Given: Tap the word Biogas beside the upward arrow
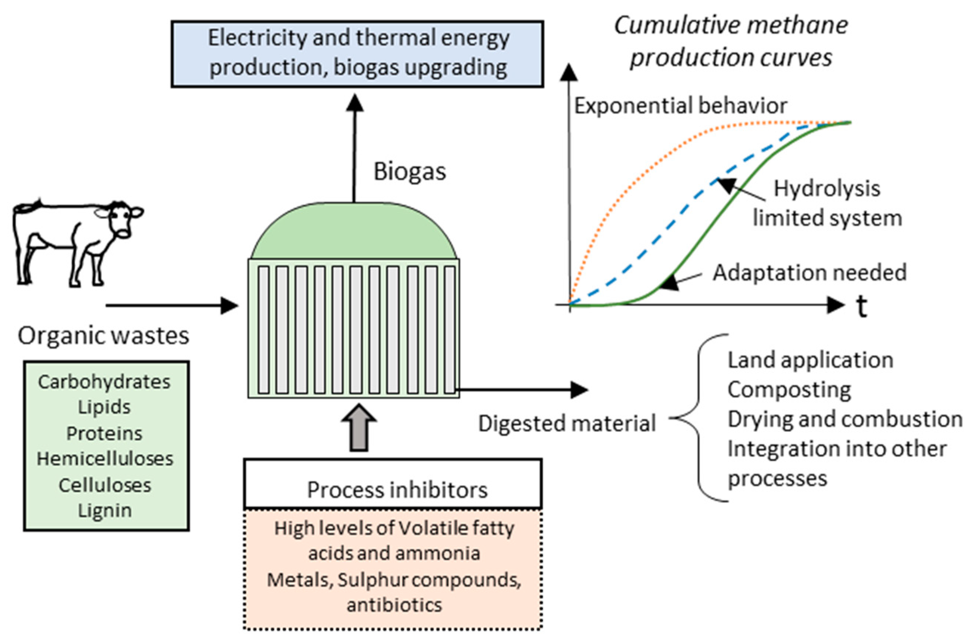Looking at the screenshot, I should (409, 172).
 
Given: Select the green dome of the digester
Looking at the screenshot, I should (354, 233).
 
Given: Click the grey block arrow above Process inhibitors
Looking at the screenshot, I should (360, 428).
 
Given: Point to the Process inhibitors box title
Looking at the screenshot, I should (397, 489).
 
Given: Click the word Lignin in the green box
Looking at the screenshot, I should (105, 511).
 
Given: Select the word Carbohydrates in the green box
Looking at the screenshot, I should (104, 382).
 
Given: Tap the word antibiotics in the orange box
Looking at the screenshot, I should (394, 605).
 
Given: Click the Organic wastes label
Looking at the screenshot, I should (103, 336).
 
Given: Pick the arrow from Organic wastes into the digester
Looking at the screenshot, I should (172, 305).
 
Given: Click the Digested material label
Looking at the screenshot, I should (567, 423).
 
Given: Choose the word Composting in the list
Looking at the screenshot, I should (789, 389).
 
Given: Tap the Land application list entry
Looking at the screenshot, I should (810, 360).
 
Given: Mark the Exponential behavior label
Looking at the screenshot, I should (680, 106).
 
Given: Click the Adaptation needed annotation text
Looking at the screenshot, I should (809, 273).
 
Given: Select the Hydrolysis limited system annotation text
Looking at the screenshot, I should (827, 203).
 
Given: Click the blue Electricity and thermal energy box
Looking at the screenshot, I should (357, 54).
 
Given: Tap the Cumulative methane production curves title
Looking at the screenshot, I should (731, 41).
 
